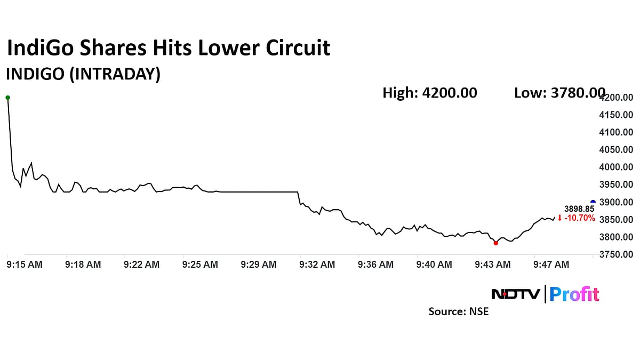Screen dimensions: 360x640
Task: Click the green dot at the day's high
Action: point(7,98)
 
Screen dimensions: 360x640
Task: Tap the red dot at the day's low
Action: point(496,243)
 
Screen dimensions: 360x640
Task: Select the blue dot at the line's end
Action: point(593,203)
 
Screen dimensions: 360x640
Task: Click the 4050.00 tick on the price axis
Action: point(617,150)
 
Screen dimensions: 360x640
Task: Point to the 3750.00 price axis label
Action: point(617,254)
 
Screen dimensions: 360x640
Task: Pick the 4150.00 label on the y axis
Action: point(617,115)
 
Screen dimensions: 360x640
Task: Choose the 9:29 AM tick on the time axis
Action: point(259,264)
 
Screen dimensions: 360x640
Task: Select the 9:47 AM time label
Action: point(551,264)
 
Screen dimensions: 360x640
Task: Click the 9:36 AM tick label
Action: point(375,264)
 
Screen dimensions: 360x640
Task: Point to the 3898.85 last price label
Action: point(579,209)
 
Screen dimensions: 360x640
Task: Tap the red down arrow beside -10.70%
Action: point(559,218)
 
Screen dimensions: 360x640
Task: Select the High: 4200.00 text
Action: point(430,93)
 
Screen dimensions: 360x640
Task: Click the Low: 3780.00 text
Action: point(559,93)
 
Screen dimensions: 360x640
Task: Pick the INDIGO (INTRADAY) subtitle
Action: point(83,74)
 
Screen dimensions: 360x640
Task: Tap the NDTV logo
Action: point(515,294)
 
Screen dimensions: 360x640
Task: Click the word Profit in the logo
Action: point(574,294)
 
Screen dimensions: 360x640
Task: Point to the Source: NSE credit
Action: point(459,311)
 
